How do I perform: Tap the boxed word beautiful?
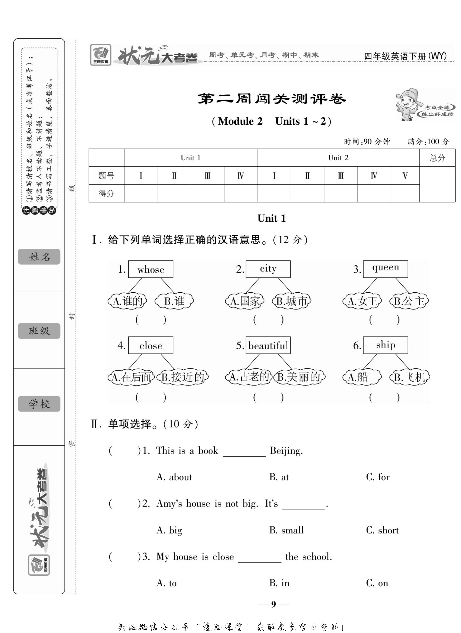click(268, 345)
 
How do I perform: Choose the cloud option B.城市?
click(292, 301)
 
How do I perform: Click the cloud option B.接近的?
click(183, 377)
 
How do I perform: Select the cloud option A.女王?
click(362, 301)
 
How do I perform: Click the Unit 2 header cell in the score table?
click(338, 158)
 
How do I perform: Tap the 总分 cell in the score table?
click(437, 158)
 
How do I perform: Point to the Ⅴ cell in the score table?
click(405, 176)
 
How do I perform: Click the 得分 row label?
click(106, 193)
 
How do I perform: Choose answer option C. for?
click(378, 477)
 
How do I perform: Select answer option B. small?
click(286, 530)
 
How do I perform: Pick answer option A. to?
click(167, 583)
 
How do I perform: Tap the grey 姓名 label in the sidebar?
click(39, 257)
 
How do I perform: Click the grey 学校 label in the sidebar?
click(39, 404)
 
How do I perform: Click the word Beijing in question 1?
click(286, 451)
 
